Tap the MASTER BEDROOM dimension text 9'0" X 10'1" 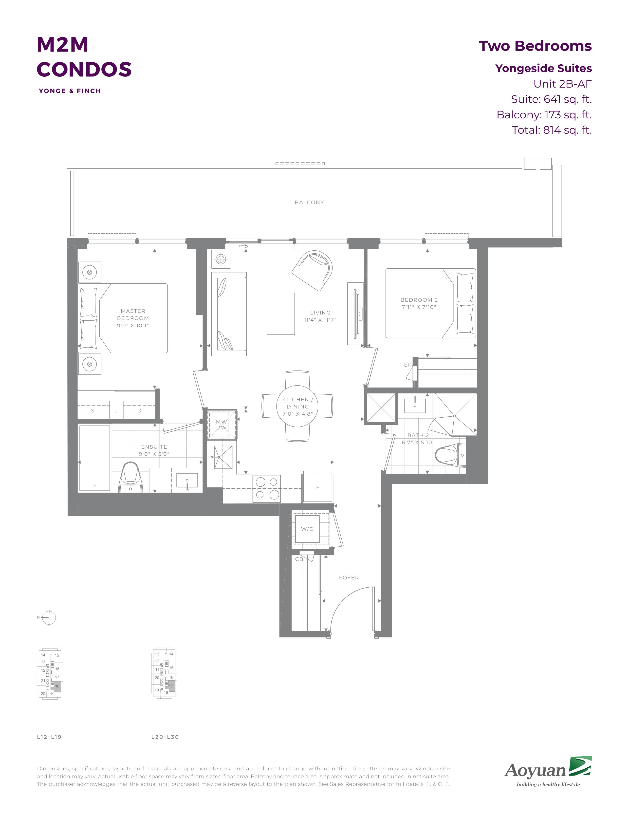click(133, 325)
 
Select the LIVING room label click(320, 313)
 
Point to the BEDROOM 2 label click(419, 300)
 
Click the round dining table click(297, 406)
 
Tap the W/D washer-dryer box click(307, 529)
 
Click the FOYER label click(349, 578)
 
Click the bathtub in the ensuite click(95, 458)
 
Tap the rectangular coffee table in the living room click(281, 314)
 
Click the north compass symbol click(49, 618)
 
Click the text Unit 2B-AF click(562, 84)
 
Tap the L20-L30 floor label click(165, 737)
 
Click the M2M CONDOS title click(84, 57)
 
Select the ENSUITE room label click(154, 447)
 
